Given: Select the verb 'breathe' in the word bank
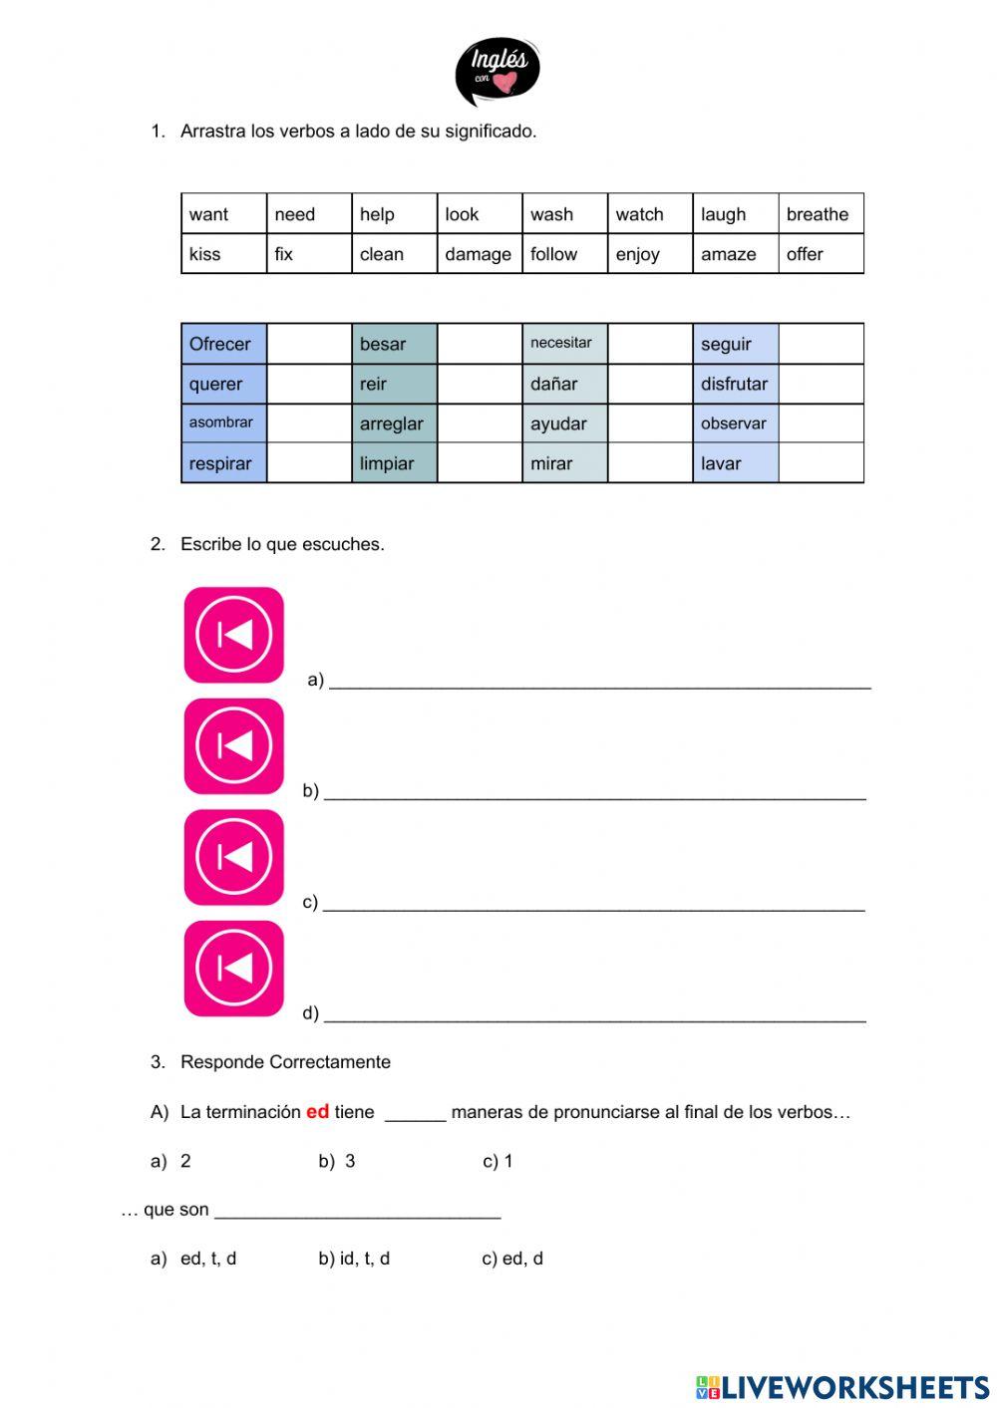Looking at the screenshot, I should pos(818,214).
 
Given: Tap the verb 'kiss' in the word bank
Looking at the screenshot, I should pos(205,254).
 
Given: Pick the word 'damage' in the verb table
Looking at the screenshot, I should pos(478,254).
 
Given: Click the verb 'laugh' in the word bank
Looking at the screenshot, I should pos(723,214).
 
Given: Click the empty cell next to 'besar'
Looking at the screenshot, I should pos(480,344).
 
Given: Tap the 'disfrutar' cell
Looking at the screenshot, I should pos(735,384).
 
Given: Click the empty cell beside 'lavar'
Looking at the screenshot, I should pos(821,463).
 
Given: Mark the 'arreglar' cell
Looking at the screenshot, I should pos(394,423).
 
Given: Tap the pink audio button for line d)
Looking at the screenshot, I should pos(234,969).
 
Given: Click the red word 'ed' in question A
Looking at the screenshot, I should pos(317,1111).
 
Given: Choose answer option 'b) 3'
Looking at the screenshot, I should pos(338,1161).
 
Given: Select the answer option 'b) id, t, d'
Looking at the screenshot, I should pos(355,1259).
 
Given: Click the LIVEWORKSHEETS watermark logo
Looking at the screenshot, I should pos(842,1386).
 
